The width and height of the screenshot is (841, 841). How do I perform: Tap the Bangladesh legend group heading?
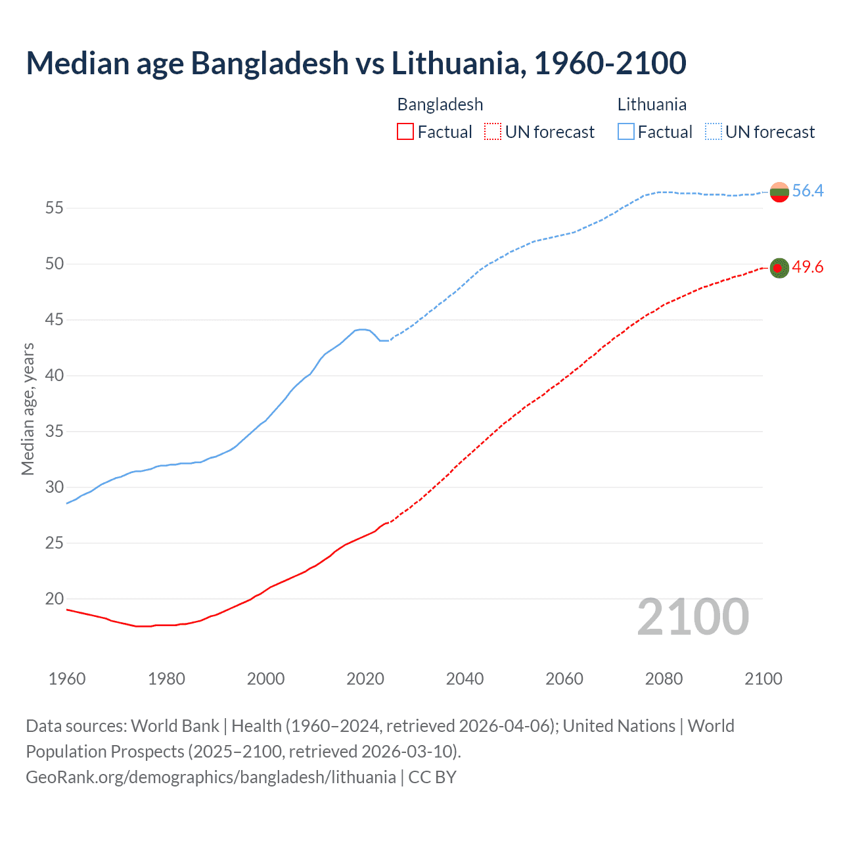[440, 104]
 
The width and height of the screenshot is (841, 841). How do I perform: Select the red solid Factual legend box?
[405, 132]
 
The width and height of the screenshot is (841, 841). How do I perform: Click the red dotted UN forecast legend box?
[493, 132]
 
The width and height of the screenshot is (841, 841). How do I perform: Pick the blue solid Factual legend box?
[625, 132]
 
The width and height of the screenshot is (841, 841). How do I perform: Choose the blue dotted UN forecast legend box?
[713, 132]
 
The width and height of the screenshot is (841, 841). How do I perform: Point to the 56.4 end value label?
[807, 191]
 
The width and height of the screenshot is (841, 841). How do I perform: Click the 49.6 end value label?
[807, 267]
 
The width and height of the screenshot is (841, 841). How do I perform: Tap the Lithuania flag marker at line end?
[779, 193]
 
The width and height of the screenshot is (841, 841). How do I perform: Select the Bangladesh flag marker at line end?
[779, 268]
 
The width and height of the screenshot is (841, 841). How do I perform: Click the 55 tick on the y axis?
[55, 208]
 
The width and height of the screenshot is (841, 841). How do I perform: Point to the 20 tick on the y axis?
[55, 599]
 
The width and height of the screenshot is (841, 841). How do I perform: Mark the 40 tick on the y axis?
[55, 376]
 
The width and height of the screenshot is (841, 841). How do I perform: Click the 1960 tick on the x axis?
[67, 679]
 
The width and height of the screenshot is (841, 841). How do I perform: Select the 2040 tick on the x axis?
[465, 679]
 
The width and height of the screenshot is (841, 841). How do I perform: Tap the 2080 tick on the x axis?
[664, 679]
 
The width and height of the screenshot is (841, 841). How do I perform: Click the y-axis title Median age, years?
[28, 409]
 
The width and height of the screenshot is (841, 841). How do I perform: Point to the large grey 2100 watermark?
[693, 617]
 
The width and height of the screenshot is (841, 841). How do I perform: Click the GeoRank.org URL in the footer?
[211, 777]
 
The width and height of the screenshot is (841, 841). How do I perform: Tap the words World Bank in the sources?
[175, 726]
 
